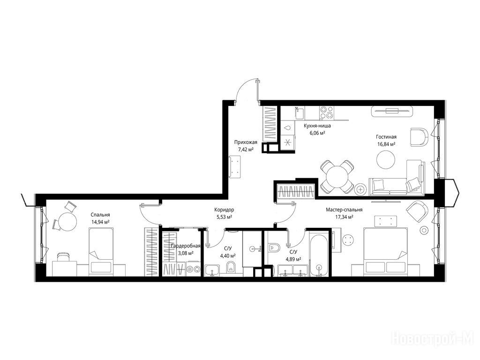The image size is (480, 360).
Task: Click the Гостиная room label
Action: (x=386, y=137)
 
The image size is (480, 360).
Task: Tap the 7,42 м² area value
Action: (x=246, y=150)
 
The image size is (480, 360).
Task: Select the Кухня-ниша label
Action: (x=317, y=126)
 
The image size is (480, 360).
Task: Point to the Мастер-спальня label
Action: (x=344, y=210)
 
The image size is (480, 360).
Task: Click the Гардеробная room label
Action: (x=186, y=246)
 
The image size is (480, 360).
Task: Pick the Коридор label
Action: (x=224, y=210)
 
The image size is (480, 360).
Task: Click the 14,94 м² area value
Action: (x=100, y=222)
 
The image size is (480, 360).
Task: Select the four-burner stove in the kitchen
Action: (x=327, y=113)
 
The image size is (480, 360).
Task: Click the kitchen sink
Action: (x=300, y=113)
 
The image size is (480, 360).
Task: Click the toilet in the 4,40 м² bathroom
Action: (x=231, y=268)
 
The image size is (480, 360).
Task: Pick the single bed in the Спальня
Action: (x=101, y=252)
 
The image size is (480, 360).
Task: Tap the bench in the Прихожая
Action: (x=235, y=166)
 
